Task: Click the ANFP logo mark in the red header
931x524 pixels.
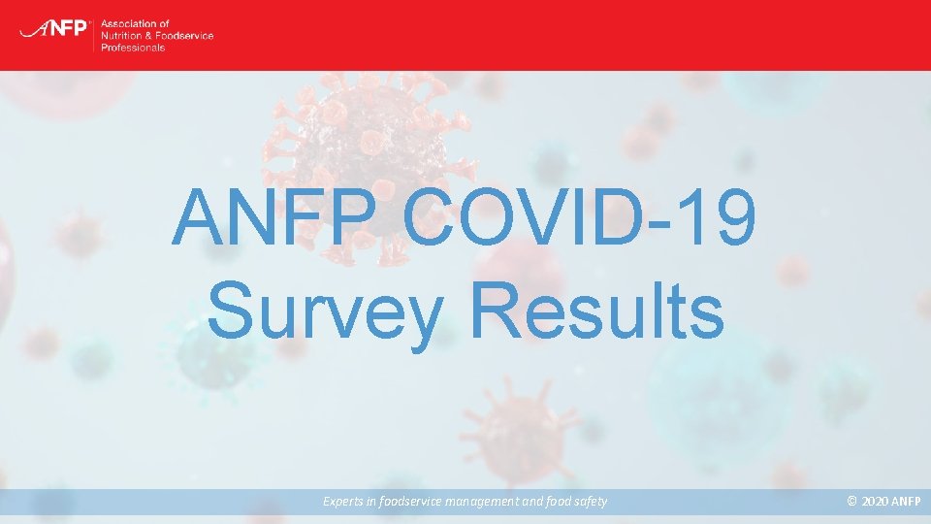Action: point(54,28)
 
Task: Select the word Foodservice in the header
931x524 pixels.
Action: point(184,36)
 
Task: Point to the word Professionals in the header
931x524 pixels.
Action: point(133,48)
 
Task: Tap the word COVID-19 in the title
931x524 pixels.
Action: point(579,216)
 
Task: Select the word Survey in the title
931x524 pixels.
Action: point(326,311)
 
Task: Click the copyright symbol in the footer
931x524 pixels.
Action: point(852,501)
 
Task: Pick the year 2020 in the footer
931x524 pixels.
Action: point(874,502)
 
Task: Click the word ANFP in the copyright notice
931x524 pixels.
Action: point(906,502)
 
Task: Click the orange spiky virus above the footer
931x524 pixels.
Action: point(520,429)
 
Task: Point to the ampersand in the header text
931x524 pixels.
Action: point(147,36)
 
